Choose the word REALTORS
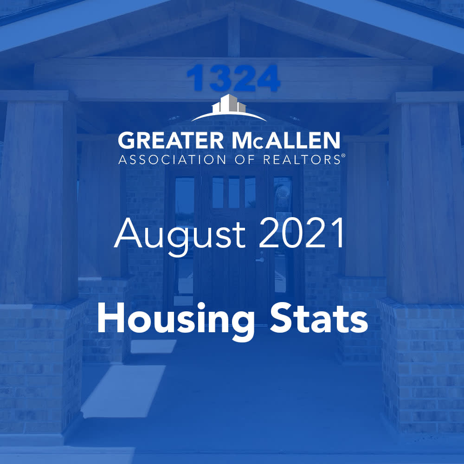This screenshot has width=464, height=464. point(302,160)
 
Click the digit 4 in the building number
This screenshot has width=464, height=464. point(266,78)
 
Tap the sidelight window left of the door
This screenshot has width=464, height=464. point(185,232)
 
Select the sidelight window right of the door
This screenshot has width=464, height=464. point(283,232)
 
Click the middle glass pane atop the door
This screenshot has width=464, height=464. point(234,192)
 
